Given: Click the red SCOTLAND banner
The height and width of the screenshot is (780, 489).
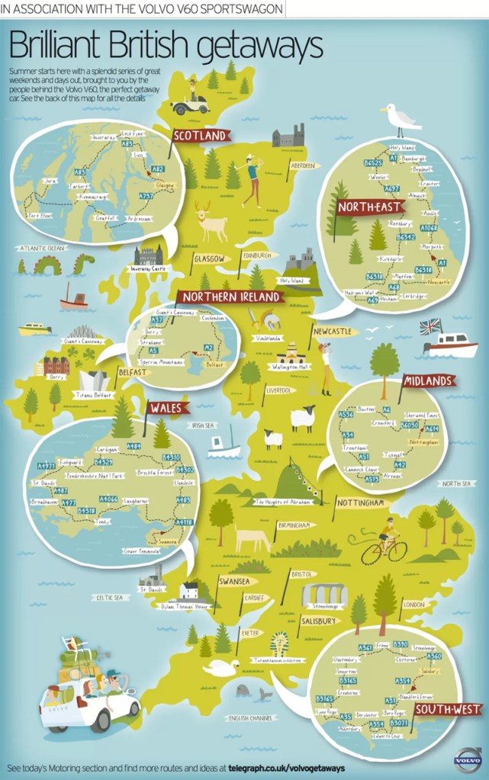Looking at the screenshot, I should (200, 136).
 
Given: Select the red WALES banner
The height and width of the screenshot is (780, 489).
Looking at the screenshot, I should (165, 408).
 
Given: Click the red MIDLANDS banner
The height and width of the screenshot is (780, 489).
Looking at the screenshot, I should (428, 380).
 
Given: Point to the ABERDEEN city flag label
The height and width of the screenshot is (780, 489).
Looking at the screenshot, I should (302, 165).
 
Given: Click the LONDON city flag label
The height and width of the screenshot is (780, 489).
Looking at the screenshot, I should (413, 605).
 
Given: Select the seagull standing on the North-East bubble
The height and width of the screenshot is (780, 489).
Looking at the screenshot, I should (401, 119).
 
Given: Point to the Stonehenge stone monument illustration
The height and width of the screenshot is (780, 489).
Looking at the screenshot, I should (324, 595).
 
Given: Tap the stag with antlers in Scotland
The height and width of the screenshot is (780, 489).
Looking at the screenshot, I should (211, 222).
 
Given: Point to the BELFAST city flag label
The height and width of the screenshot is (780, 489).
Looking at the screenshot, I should (131, 372).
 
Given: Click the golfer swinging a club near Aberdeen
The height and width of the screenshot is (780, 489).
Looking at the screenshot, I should (249, 179).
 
